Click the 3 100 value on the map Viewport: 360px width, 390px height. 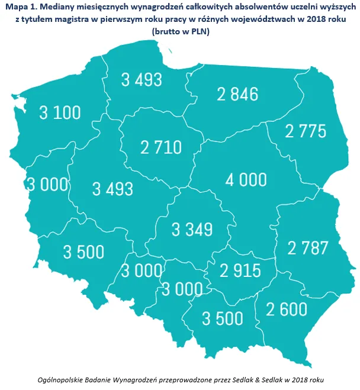(60, 112)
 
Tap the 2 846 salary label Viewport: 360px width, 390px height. (237, 94)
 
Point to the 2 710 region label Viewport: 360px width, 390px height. (161, 147)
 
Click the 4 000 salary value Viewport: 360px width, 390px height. (245, 179)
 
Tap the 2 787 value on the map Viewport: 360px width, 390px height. (308, 247)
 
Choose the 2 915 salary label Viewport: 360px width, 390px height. (240, 270)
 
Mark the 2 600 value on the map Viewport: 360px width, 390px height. (286, 309)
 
